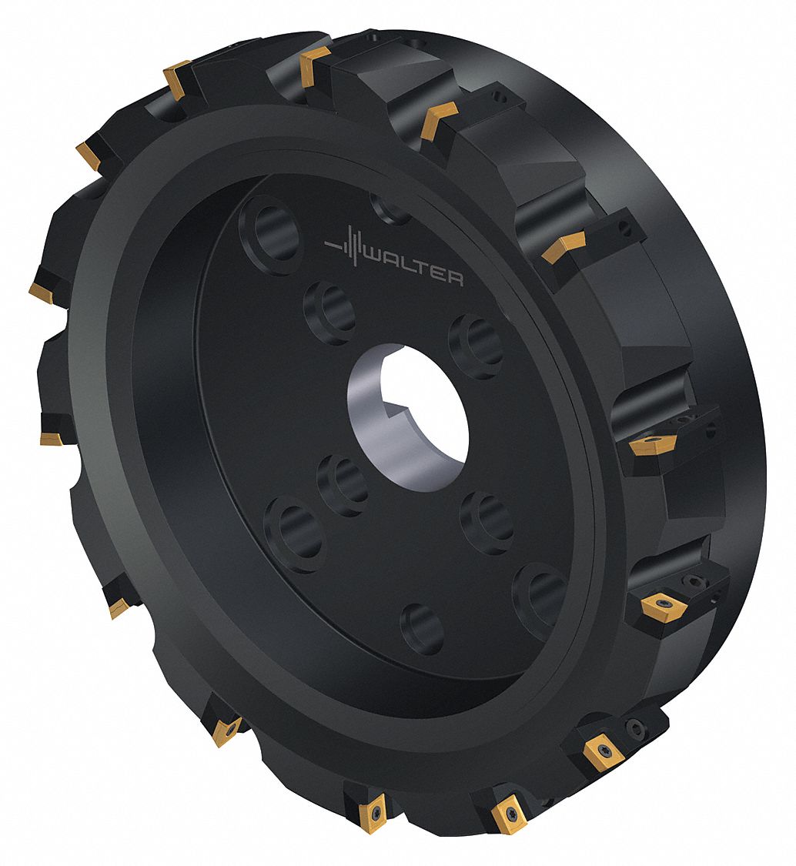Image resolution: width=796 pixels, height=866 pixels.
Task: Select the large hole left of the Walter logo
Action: point(271,234)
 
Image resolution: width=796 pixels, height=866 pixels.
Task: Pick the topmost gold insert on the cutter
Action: point(315,65)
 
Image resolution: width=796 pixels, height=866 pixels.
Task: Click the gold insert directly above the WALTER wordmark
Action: point(440,119)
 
